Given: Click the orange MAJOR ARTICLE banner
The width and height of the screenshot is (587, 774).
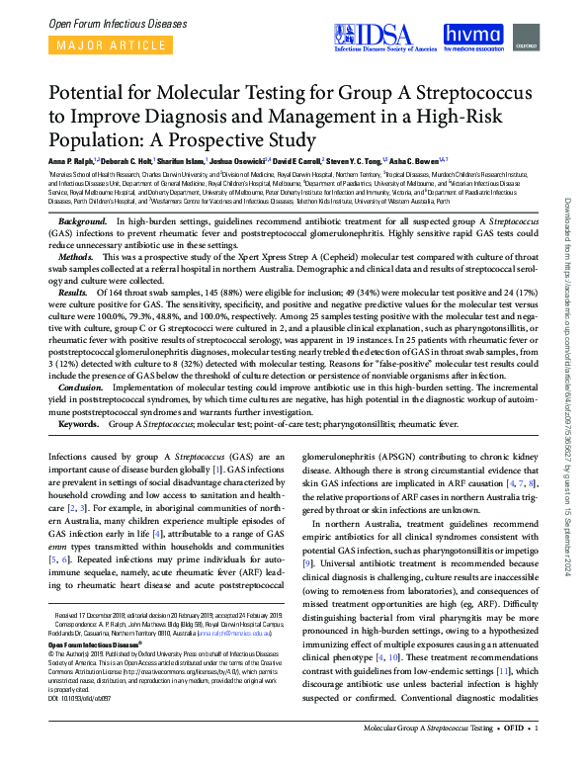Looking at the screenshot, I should (104, 46).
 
